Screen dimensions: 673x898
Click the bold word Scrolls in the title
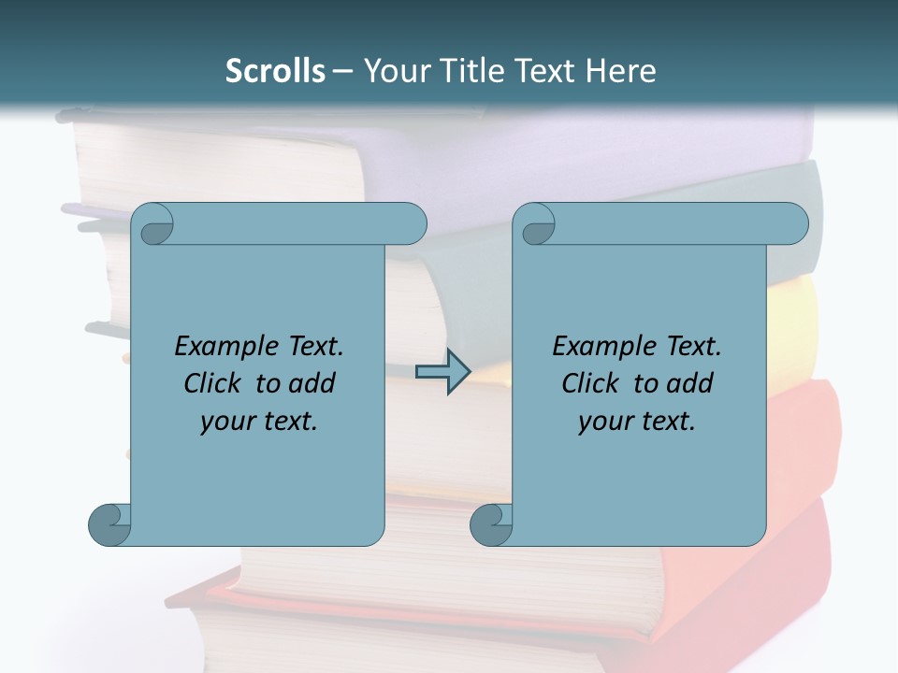pos(275,70)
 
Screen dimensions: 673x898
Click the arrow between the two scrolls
pos(442,372)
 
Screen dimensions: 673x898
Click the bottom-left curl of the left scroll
pos(110,523)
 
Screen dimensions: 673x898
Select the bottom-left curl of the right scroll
pos(492,523)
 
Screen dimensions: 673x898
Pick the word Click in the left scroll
pos(205,383)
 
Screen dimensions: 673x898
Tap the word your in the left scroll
pos(227,422)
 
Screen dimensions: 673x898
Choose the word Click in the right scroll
pos(583,383)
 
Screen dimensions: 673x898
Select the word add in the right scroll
pos(691,383)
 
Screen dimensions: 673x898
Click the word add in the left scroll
pos(313,383)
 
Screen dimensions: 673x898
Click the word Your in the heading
pos(392,70)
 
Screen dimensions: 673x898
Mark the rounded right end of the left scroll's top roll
pos(412,223)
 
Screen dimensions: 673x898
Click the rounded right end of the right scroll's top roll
pos(793,223)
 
